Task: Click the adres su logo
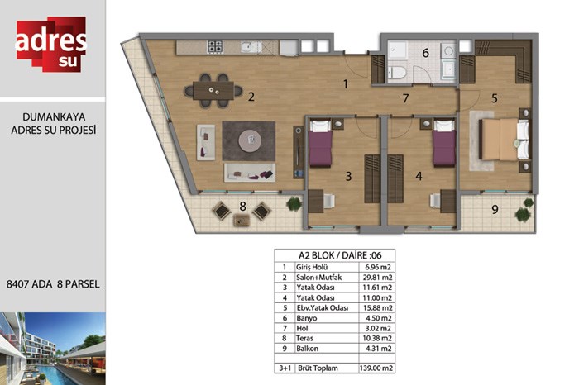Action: point(51,44)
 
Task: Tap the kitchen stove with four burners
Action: point(215,46)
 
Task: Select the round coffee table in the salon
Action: point(250,140)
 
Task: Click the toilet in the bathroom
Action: point(397,72)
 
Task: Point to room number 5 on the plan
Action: point(494,98)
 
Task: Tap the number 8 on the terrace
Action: point(242,207)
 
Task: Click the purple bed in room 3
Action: point(320,145)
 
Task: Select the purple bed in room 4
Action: point(444,144)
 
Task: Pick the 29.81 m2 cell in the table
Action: point(376,278)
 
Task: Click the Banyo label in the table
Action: point(307,318)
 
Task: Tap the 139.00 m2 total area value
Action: point(376,368)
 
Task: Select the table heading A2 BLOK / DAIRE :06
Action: point(340,255)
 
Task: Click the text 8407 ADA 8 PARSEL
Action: point(53,284)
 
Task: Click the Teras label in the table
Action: point(304,338)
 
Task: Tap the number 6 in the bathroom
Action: point(425,53)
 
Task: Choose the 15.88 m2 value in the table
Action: point(376,307)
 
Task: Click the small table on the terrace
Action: point(242,221)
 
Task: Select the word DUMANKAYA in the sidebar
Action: point(54,116)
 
